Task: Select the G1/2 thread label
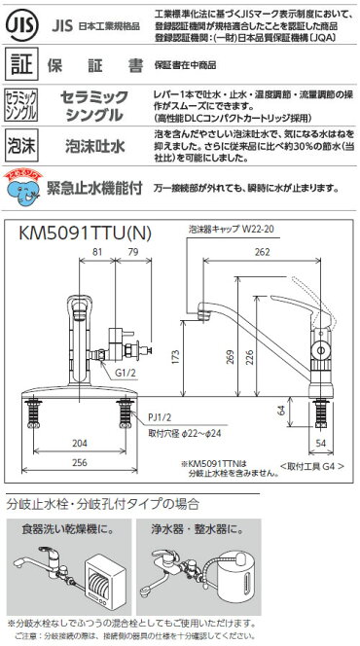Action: pos(124,371)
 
